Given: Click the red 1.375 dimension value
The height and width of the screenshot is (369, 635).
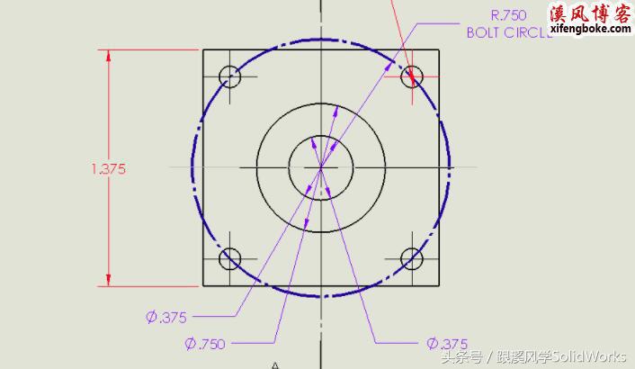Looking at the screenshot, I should point(108,168).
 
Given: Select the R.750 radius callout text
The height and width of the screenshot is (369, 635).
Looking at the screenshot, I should point(508,14).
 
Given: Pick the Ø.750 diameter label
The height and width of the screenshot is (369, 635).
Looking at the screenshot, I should point(204,343).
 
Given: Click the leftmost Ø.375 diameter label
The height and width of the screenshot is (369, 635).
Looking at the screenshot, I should point(166,316).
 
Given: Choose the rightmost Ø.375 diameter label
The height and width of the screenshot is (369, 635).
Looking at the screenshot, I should point(447,343).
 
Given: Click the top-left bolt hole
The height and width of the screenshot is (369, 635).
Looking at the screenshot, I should point(230,76).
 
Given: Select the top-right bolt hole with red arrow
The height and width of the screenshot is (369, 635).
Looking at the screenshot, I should point(412,76).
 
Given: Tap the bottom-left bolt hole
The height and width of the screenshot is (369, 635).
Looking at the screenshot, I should point(230,258).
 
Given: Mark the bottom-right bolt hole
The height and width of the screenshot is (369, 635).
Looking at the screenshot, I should point(412,258).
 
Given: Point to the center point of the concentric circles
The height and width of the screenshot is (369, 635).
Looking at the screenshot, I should point(321,166).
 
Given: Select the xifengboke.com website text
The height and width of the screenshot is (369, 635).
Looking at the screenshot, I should point(589,30).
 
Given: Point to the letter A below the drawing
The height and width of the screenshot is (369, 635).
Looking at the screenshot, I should point(275,364).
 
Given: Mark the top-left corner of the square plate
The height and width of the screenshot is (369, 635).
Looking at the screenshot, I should point(202,49).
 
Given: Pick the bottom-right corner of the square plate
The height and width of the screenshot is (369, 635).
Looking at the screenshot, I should point(440,285).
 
